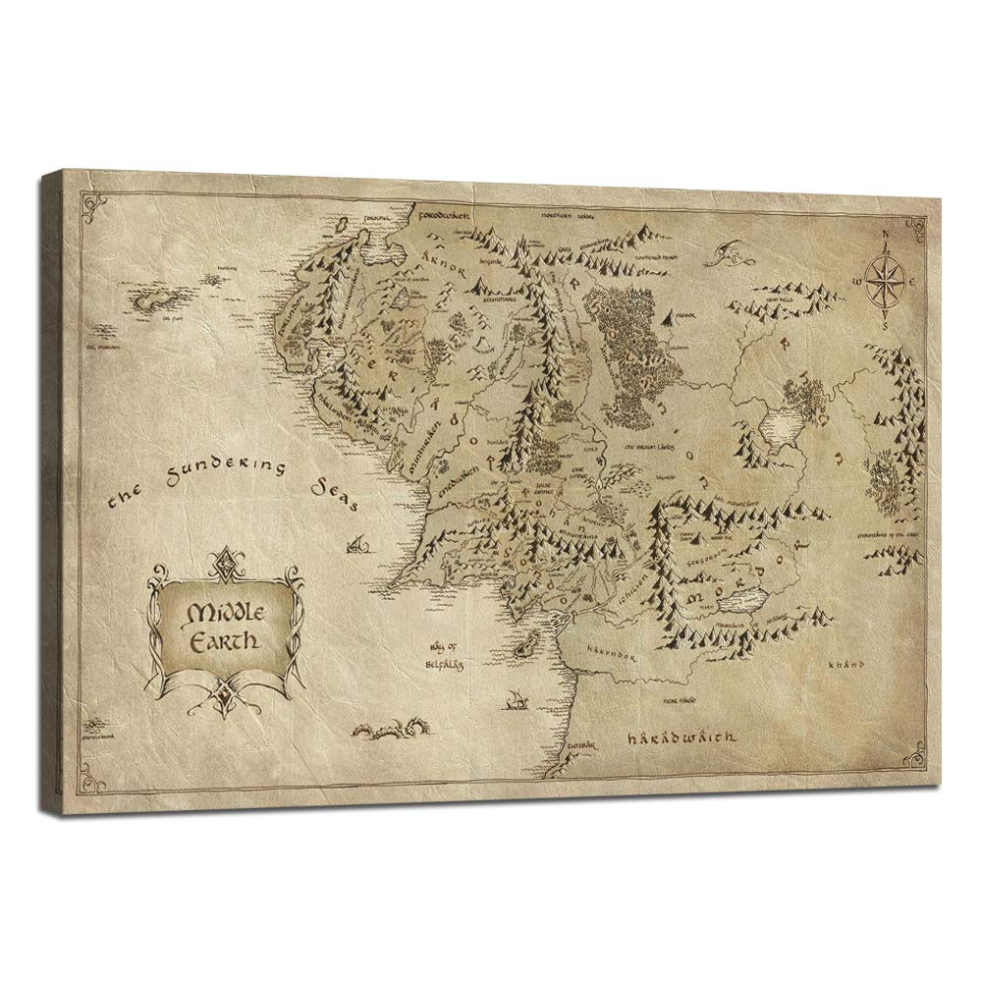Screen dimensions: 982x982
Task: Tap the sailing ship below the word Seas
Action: pos(357,539)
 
